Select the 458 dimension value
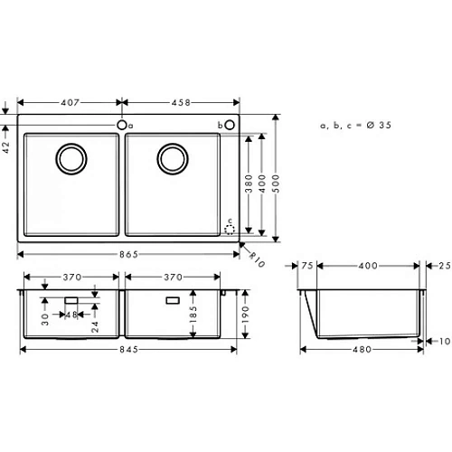(x=181, y=102)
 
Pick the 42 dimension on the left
(x=7, y=147)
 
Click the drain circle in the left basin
(x=71, y=159)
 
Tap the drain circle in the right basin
(x=172, y=159)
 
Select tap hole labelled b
(x=230, y=125)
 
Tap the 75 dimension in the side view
(x=306, y=267)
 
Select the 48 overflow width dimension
(x=71, y=316)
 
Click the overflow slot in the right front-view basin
(x=173, y=297)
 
